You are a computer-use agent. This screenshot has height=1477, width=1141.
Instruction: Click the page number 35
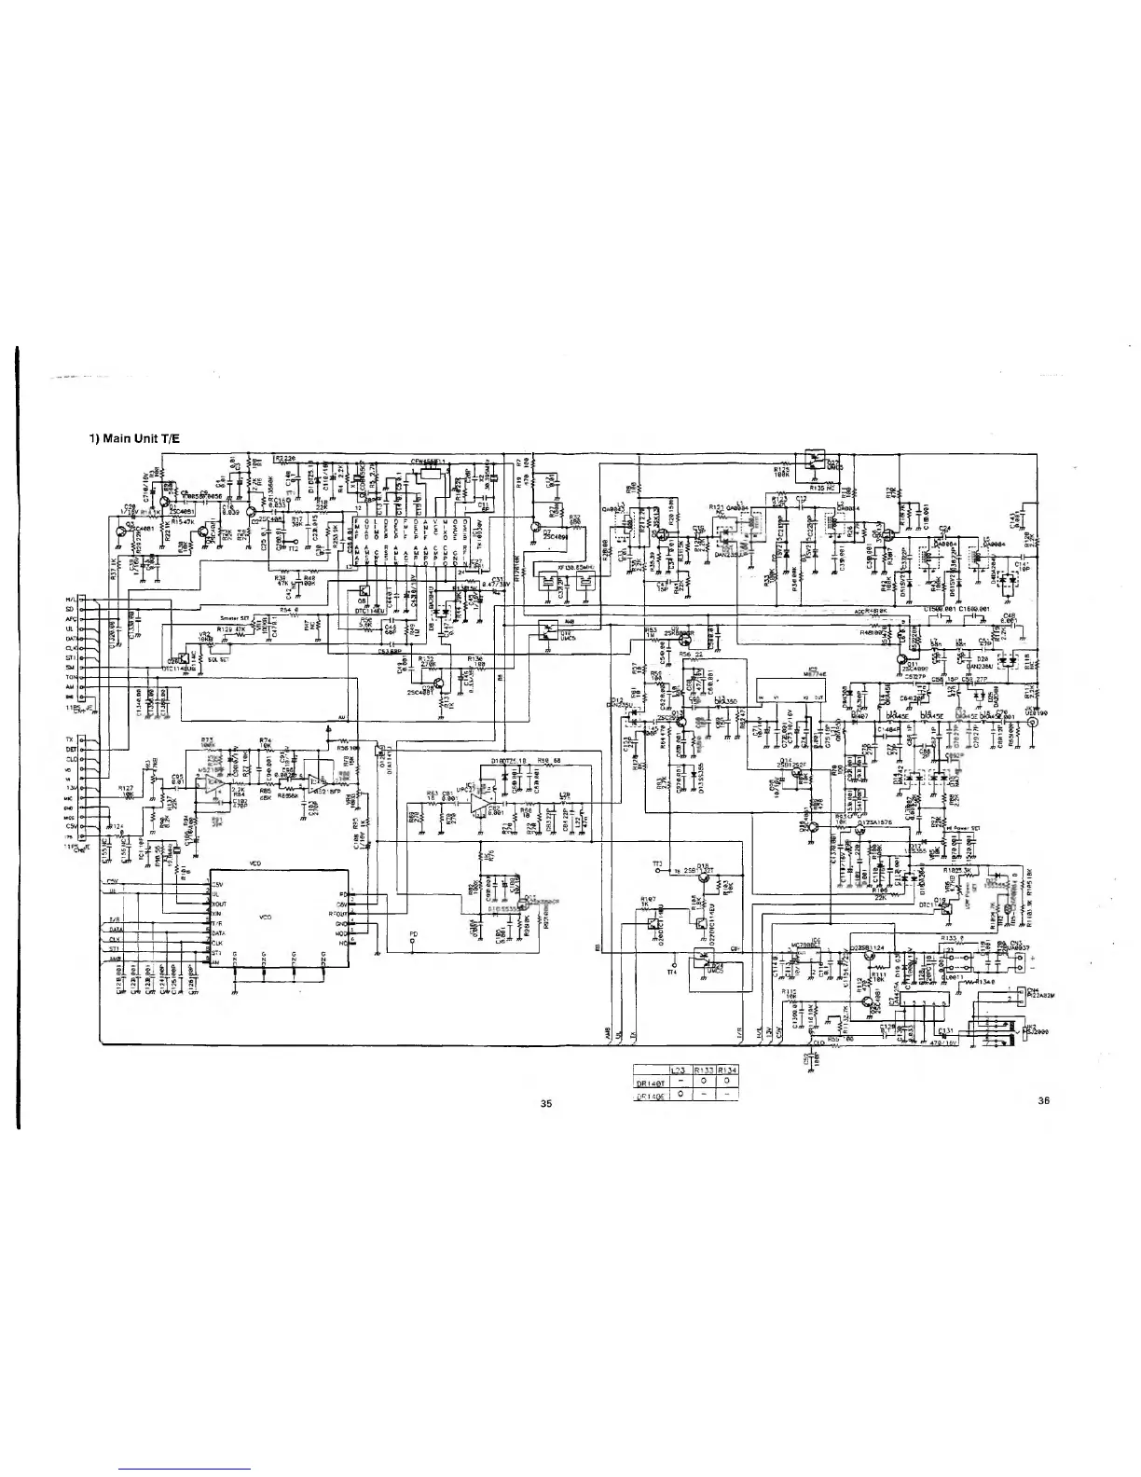tap(546, 1103)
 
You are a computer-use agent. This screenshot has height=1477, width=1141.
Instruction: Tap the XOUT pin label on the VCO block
tap(220, 904)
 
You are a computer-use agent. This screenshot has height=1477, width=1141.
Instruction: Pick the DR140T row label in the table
tap(649, 1084)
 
